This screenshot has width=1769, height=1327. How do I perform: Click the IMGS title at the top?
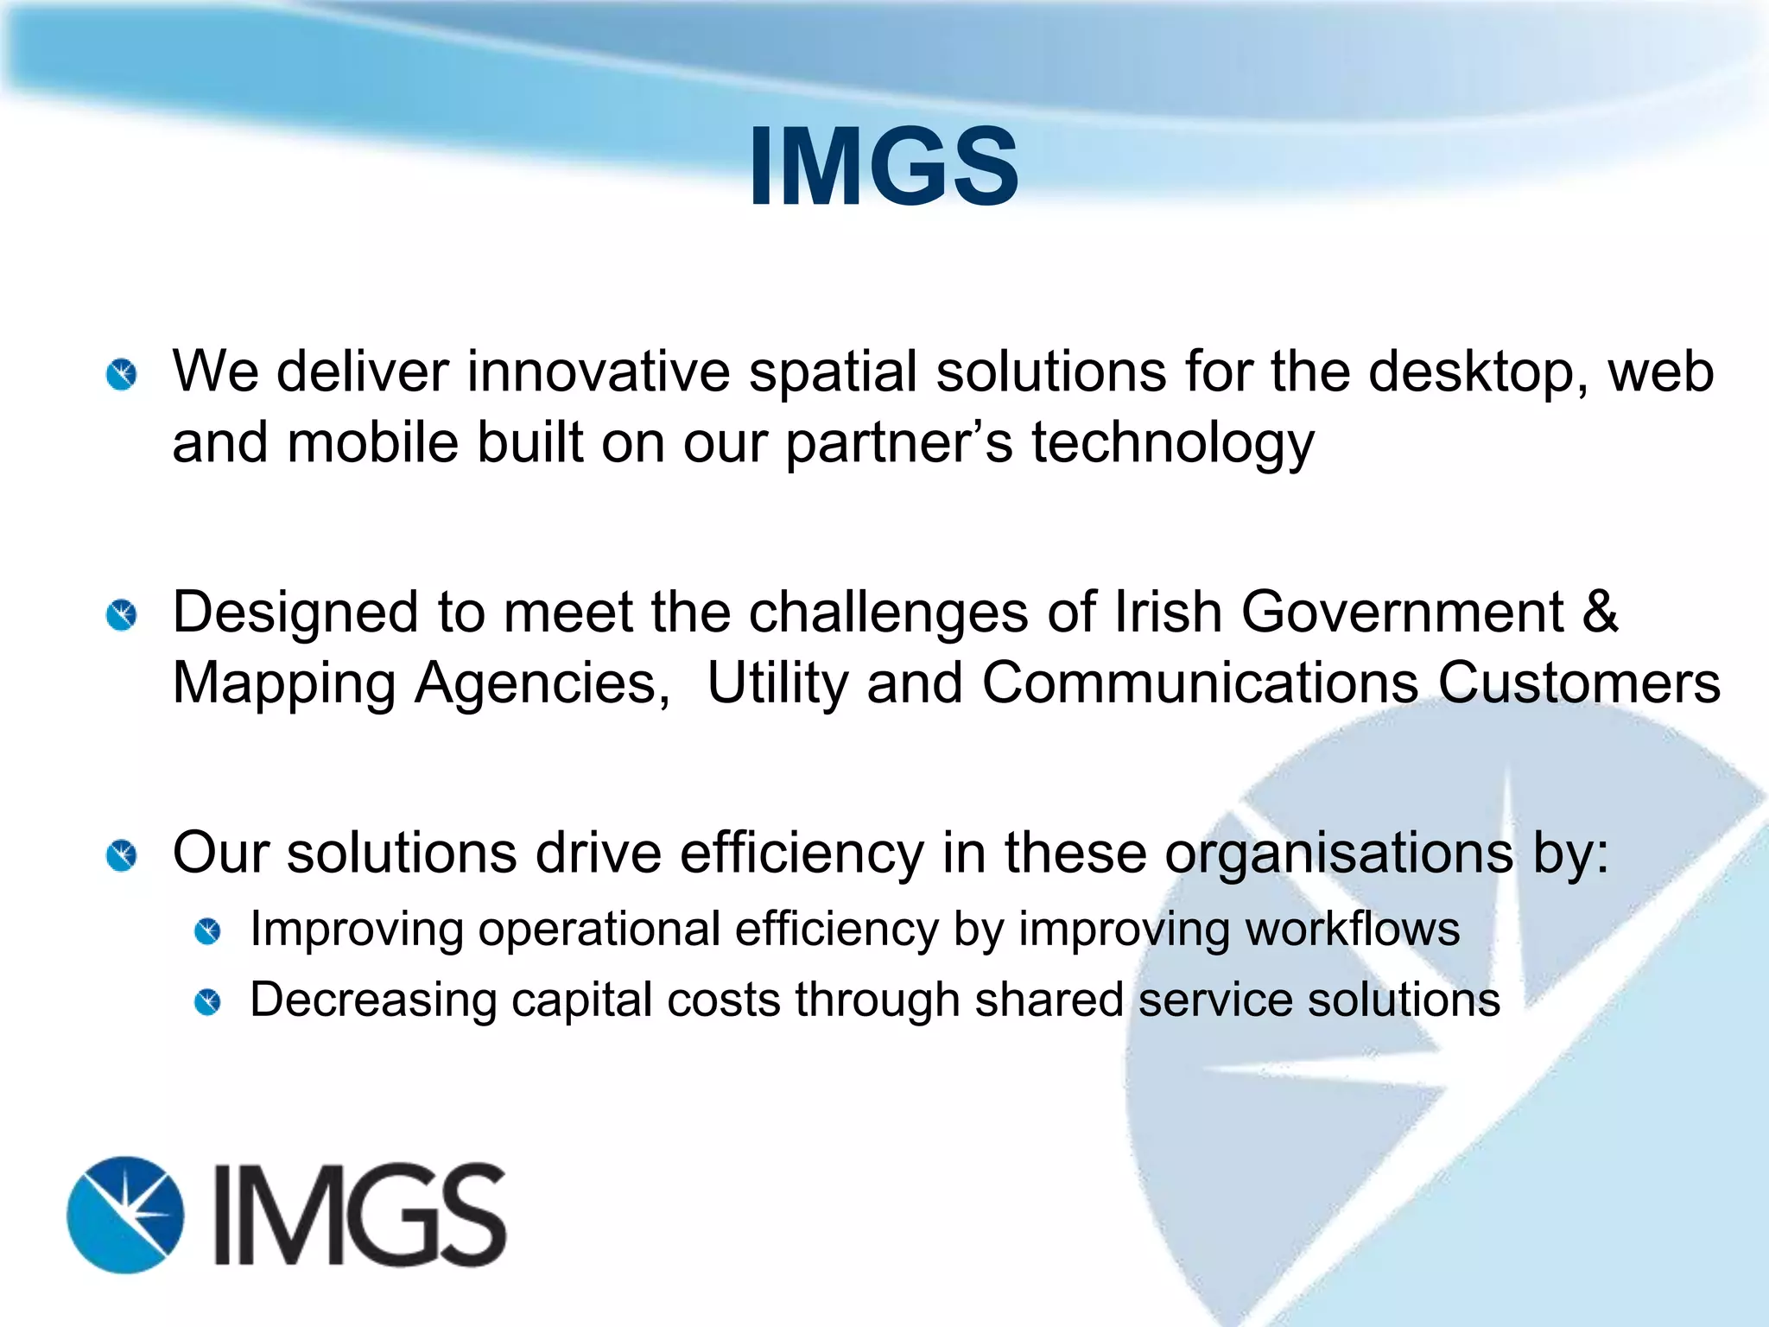coord(883,166)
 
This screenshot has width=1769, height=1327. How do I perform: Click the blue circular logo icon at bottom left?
coord(126,1214)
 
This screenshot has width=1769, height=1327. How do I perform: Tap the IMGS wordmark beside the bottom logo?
coord(359,1214)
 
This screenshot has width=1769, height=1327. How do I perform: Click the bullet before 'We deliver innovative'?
coord(122,375)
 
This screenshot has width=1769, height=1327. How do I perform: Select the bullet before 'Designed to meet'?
coord(122,615)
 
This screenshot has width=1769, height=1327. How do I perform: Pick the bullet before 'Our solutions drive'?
coord(122,855)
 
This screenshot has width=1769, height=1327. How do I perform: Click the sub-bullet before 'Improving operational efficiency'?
coord(207,931)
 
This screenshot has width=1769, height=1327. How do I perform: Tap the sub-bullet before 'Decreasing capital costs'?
coord(207,1002)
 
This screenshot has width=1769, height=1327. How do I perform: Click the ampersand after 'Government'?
coord(1601,612)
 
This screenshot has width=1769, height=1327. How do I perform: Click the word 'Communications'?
coord(1200,683)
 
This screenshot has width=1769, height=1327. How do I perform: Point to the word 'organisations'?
coord(1338,854)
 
